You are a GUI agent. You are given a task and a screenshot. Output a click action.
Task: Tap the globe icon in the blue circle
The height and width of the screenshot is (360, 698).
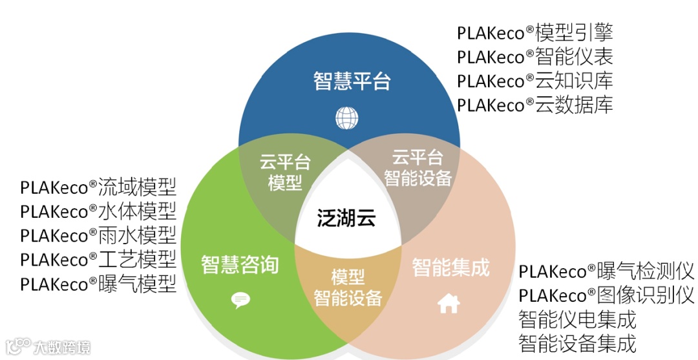pos(347,118)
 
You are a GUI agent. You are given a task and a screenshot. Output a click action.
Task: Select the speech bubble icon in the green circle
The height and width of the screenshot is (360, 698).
pos(240,299)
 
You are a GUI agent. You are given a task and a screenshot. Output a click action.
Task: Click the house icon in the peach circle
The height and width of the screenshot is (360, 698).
pos(449,303)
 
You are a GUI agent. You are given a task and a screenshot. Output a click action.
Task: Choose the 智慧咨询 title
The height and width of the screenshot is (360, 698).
pos(240,265)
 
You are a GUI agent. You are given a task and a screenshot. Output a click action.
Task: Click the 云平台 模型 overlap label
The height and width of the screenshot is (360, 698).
pos(285,172)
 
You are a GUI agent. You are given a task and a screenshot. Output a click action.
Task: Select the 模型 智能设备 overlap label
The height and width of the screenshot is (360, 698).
pos(348,288)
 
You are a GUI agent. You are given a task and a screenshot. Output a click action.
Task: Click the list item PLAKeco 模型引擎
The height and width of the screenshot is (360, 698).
pos(534,32)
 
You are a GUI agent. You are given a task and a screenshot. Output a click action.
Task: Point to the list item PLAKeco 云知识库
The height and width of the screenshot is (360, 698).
pos(534,80)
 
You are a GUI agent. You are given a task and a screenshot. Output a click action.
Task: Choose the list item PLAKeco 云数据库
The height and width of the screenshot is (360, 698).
pos(534,104)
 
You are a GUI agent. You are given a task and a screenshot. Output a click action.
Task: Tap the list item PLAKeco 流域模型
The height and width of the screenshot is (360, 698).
pos(98,187)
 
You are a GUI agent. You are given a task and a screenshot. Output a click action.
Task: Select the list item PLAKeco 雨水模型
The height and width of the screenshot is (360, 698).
pos(98,235)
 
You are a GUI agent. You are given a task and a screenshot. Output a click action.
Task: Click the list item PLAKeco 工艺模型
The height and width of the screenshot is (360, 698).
pos(98,260)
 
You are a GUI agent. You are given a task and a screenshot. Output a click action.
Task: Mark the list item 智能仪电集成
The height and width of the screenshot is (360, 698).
pos(577,319)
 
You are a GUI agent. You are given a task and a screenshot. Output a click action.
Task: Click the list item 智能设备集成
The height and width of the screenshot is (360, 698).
pos(577,343)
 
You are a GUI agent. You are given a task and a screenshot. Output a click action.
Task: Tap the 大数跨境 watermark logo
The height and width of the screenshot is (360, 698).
pos(48,346)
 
